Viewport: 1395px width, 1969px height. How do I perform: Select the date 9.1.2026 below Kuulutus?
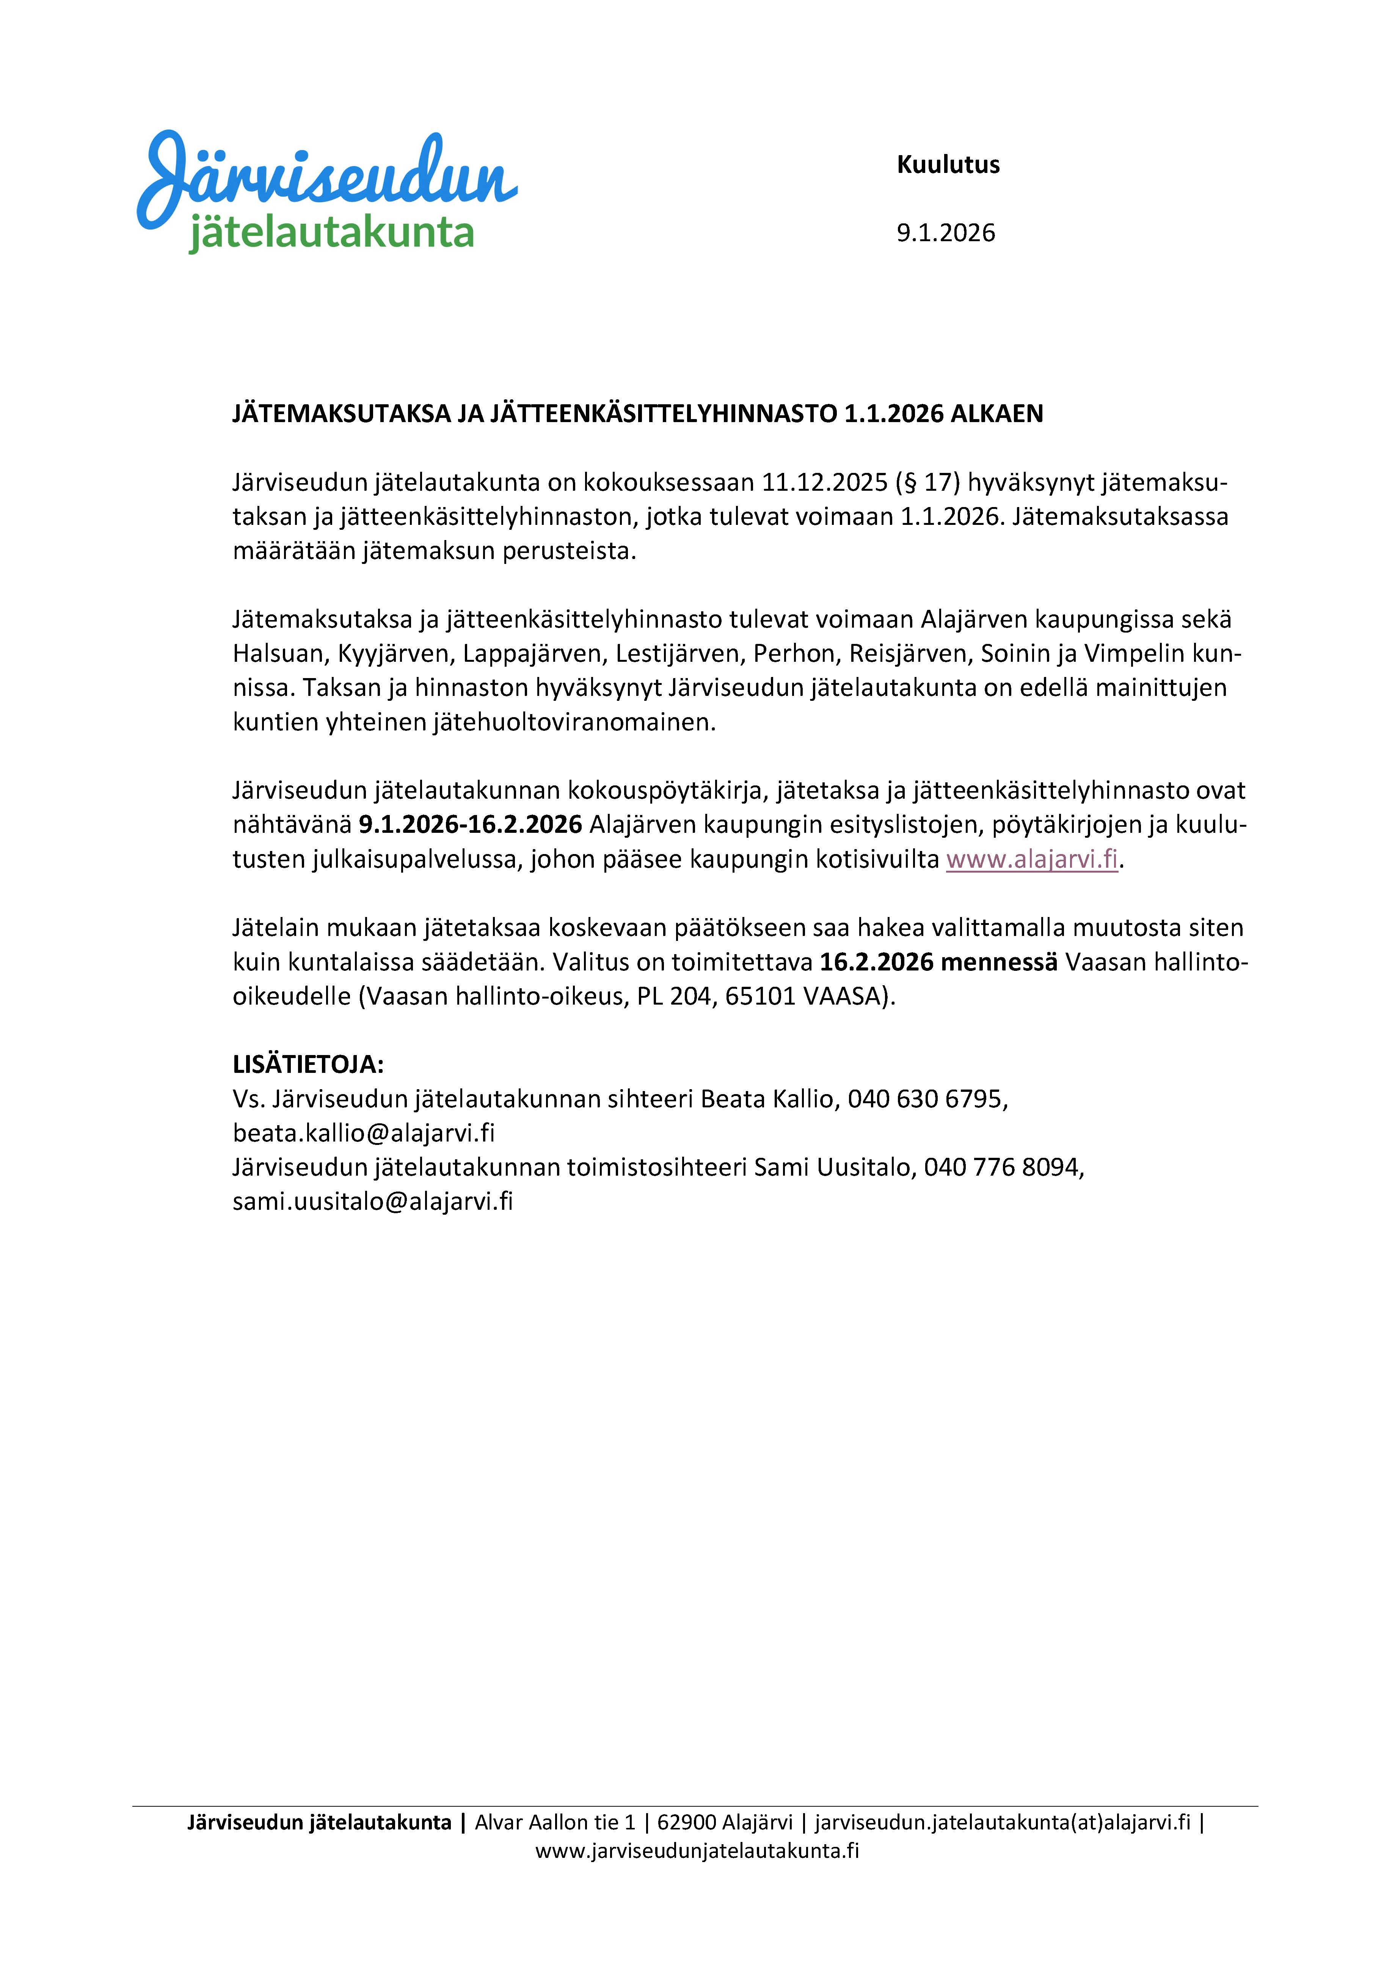(946, 234)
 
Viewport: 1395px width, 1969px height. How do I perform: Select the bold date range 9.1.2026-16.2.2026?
(470, 825)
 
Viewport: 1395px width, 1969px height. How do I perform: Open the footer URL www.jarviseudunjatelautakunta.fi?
(697, 1851)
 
